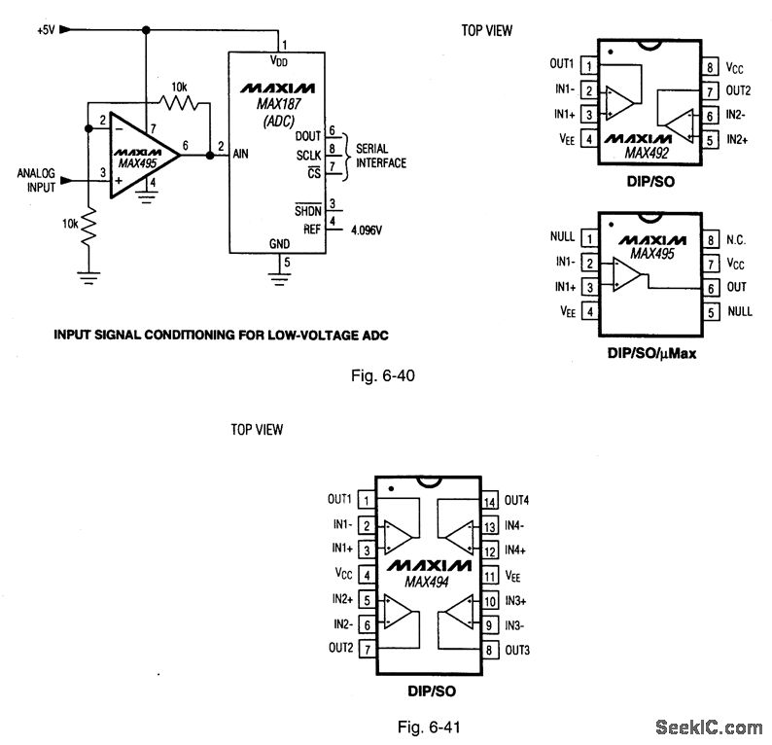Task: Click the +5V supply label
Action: pyautogui.click(x=45, y=30)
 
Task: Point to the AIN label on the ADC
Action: pyautogui.click(x=243, y=154)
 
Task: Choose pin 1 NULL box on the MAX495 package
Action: pyautogui.click(x=588, y=238)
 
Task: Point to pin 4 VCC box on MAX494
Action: pyautogui.click(x=365, y=576)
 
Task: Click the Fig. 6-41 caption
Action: pyautogui.click(x=428, y=727)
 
